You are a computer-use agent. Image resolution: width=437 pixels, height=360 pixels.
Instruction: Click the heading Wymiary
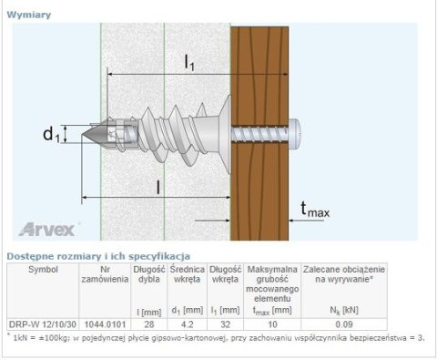tap(28, 15)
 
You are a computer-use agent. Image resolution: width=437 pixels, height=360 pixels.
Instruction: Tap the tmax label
tap(314, 212)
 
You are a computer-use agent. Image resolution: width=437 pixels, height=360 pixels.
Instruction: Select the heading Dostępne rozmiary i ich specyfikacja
tap(97, 256)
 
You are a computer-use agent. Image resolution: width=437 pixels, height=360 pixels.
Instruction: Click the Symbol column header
tap(43, 270)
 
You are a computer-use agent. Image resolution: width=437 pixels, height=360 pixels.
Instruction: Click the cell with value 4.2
tap(186, 324)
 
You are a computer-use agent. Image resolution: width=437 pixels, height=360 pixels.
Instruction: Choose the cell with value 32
tap(224, 324)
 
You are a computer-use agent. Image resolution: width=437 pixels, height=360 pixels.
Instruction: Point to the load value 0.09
tap(344, 324)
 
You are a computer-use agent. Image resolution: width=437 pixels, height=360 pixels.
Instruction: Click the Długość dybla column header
tap(147, 275)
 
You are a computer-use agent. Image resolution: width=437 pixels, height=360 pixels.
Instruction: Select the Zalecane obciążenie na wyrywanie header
tap(344, 275)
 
